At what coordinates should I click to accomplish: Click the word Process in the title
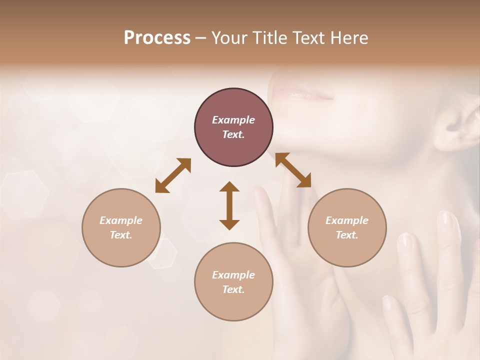(x=157, y=38)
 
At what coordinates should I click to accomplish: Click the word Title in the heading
(x=269, y=38)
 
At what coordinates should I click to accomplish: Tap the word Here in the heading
(x=349, y=38)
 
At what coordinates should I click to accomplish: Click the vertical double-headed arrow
(x=229, y=205)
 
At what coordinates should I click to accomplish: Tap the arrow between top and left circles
(x=173, y=175)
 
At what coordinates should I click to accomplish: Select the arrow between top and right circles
(x=293, y=170)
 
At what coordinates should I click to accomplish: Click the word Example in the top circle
(x=233, y=120)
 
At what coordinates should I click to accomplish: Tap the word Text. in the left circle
(x=121, y=235)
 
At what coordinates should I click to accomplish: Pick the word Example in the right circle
(x=347, y=220)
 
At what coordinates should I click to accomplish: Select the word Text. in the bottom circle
(x=233, y=289)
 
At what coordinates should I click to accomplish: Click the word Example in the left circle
(x=121, y=220)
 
